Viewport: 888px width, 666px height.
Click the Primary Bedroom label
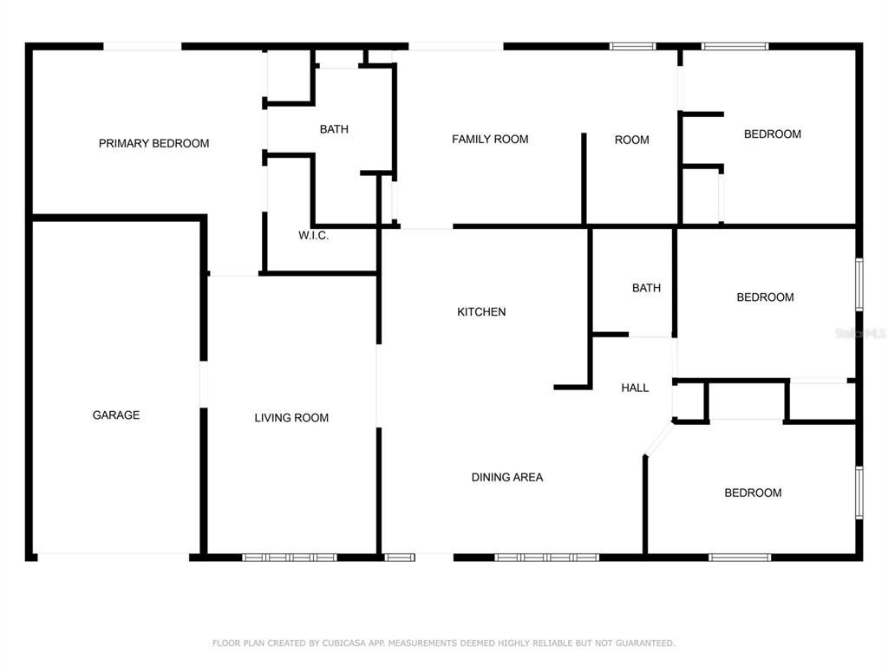click(153, 143)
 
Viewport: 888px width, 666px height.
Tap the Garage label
click(116, 415)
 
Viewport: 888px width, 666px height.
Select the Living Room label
click(291, 418)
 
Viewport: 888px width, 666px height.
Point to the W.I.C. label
click(313, 236)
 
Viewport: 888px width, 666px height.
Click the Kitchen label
click(481, 312)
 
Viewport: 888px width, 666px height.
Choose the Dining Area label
click(507, 477)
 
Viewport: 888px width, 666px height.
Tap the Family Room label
click(490, 139)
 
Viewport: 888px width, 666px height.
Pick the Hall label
click(635, 388)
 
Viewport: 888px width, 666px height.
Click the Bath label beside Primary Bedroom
click(334, 129)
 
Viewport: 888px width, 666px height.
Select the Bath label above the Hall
click(646, 288)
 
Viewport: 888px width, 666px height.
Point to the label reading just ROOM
click(631, 140)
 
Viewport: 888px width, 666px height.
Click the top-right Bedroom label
click(773, 134)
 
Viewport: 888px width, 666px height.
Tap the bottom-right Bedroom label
click(753, 493)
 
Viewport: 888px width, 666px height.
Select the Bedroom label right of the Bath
click(765, 297)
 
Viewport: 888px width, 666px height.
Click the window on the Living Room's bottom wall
click(289, 557)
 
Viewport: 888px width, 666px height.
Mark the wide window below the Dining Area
click(546, 557)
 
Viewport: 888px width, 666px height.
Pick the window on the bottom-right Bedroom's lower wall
click(740, 557)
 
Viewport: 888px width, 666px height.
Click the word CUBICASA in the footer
click(343, 643)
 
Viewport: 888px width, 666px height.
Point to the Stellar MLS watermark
click(859, 332)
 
